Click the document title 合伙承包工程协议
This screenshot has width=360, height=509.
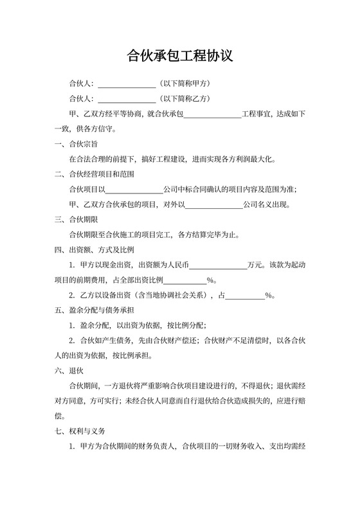180,56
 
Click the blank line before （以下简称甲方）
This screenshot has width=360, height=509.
126,84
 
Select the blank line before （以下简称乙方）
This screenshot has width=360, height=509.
126,99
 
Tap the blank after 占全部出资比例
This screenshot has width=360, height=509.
186,280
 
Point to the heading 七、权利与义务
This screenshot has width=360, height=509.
80,431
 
